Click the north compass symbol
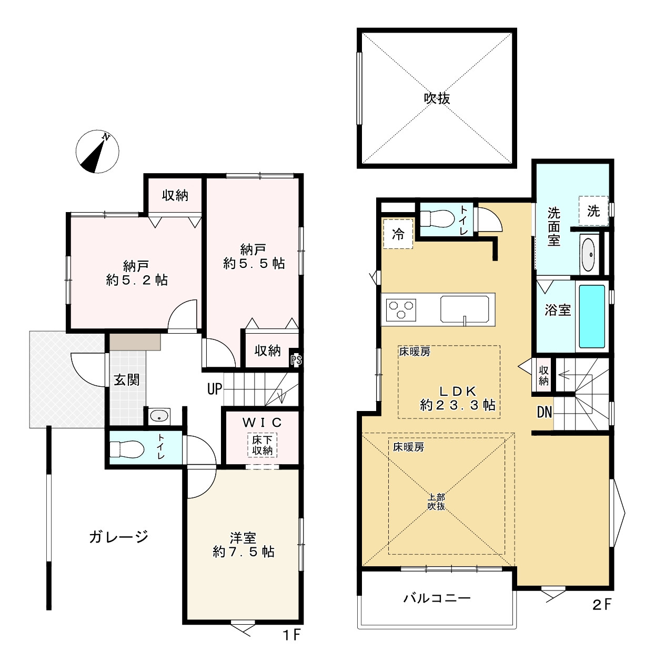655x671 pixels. tap(97, 152)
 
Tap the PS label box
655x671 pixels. tap(296, 361)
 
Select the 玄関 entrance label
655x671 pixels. tap(127, 380)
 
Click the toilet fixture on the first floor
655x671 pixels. tap(127, 449)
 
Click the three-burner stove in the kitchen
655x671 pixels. tap(401, 309)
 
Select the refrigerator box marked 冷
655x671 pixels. tap(398, 234)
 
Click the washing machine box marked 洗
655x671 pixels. tap(593, 211)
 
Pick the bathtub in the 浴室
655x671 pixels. tap(592, 316)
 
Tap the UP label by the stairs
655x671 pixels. tap(214, 389)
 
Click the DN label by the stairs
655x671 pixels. tap(545, 412)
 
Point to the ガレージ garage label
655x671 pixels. tap(118, 536)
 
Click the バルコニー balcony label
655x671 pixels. tap(437, 598)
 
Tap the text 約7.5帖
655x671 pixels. tap(244, 552)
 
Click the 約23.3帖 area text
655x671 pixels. tap(458, 405)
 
